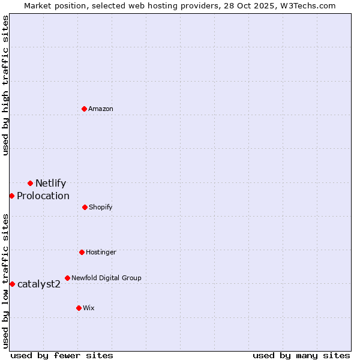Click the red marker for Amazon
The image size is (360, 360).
84,109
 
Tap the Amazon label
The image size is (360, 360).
101,109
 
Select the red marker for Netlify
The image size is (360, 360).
30,183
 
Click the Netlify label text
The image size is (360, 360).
50,184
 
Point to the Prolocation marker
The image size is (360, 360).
11,196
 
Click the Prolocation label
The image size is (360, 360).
43,196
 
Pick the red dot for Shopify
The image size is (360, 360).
85,207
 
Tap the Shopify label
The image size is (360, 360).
100,208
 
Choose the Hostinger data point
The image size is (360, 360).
82,252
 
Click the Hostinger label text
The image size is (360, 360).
101,253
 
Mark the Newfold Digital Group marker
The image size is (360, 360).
67,278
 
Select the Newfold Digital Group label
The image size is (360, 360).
106,278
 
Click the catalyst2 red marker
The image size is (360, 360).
12,284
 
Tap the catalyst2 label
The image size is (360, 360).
39,284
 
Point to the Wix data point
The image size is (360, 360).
79,308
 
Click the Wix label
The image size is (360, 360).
89,308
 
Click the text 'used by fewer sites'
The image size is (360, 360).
62,356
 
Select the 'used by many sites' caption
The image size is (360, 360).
301,356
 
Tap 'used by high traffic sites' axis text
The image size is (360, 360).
5,85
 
